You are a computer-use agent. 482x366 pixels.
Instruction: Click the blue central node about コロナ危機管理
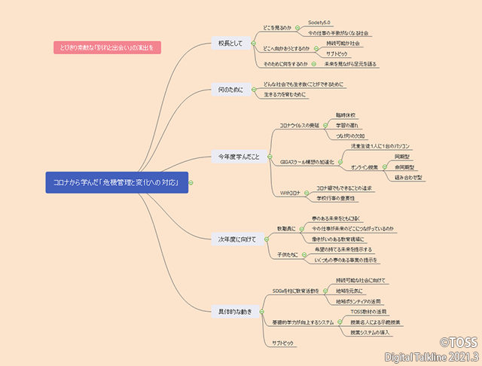[117, 182]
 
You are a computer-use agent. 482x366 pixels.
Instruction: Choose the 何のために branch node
[230, 90]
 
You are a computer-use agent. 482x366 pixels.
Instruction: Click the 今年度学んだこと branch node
[239, 157]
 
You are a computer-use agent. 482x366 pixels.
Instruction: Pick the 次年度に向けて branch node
[237, 239]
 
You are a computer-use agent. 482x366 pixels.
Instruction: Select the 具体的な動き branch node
[236, 310]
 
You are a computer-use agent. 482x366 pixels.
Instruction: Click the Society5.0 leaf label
[319, 23]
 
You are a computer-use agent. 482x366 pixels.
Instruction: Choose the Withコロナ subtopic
[290, 193]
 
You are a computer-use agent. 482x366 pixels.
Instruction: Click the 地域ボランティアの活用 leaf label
[365, 300]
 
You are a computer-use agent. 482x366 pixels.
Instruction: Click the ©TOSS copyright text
[459, 341]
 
